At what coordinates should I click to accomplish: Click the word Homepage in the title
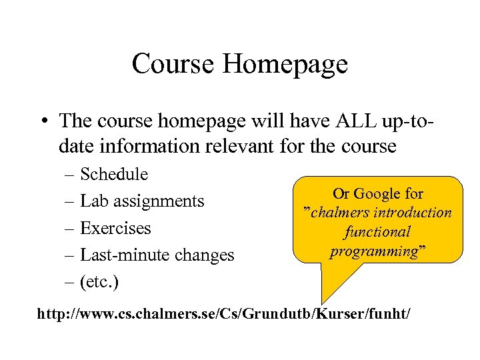tap(285, 64)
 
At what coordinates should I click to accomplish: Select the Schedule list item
tap(113, 175)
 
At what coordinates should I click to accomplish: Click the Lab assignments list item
tap(141, 201)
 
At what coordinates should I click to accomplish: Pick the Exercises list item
tap(115, 228)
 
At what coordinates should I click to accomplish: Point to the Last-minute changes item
tap(157, 255)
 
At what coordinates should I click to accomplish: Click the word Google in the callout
tap(377, 194)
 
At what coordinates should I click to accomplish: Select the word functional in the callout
tap(377, 232)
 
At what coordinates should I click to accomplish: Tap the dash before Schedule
tap(71, 175)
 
